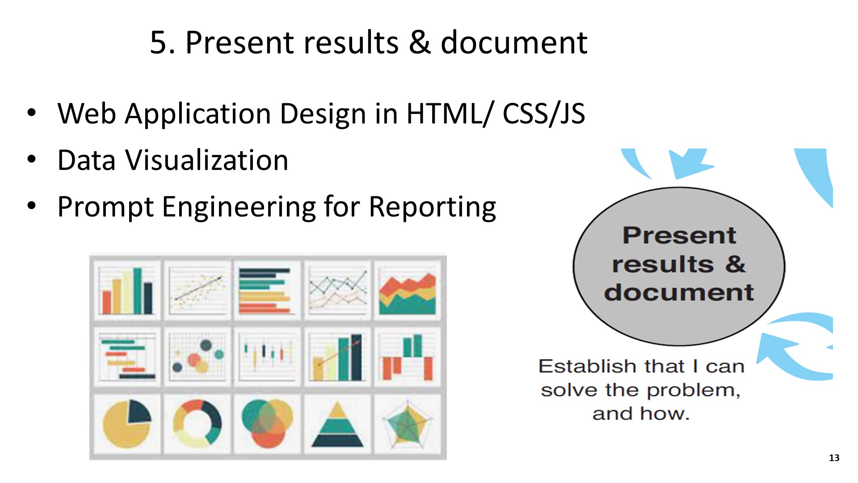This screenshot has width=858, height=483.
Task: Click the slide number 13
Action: tap(834, 458)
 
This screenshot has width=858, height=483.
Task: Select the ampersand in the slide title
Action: tap(420, 42)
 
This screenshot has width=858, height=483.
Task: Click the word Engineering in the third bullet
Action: tap(239, 208)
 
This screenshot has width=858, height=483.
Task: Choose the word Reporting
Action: tap(432, 208)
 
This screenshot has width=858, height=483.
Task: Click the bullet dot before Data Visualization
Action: tap(31, 159)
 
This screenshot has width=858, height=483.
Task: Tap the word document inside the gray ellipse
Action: tap(679, 292)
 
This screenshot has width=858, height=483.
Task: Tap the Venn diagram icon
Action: tap(267, 423)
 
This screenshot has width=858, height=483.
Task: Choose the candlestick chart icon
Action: tap(267, 356)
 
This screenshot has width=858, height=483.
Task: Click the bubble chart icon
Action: tap(197, 356)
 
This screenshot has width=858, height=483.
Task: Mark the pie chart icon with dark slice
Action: tap(127, 424)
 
